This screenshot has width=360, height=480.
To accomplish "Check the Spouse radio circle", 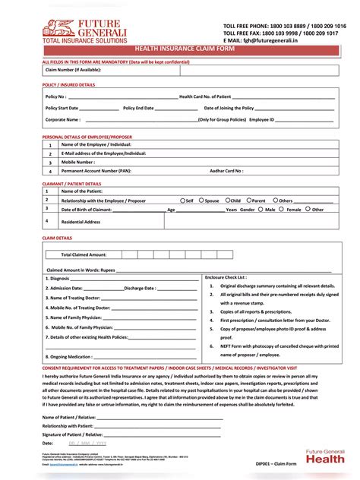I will coord(201,201).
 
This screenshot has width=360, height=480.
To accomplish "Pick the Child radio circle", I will coord(226,201).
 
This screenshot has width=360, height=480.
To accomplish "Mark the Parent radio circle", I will coord(249,201).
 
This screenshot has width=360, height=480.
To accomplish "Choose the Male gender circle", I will coord(261,209).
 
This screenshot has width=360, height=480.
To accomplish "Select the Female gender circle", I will coord(283,209).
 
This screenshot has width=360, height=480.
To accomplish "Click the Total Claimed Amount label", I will coord(84,254).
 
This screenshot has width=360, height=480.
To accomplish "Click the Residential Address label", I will coord(81,222).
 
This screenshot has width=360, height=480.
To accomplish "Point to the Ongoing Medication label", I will coord(72,355).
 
